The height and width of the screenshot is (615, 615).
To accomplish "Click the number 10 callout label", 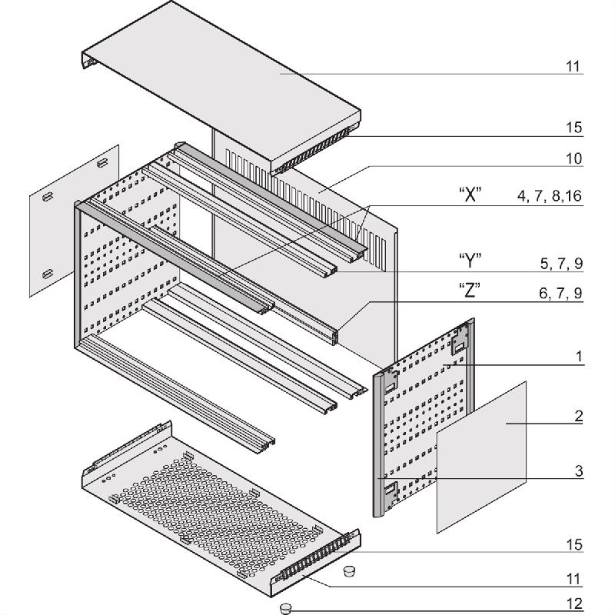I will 573,158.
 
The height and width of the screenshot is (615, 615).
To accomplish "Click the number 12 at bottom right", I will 573,604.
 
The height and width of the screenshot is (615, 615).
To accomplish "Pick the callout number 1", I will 579,357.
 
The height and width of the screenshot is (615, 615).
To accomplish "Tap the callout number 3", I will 579,470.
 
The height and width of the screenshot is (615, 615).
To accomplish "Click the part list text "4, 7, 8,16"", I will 549,198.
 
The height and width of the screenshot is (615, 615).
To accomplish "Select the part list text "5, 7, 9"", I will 561,264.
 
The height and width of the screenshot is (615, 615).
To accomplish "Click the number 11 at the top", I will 573,67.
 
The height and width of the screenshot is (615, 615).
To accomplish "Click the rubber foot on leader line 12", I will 288,608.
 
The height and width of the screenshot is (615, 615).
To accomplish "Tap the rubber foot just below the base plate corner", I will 348,571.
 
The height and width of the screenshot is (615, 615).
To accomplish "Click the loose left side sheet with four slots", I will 74,220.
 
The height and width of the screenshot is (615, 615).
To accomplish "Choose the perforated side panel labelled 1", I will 427,419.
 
